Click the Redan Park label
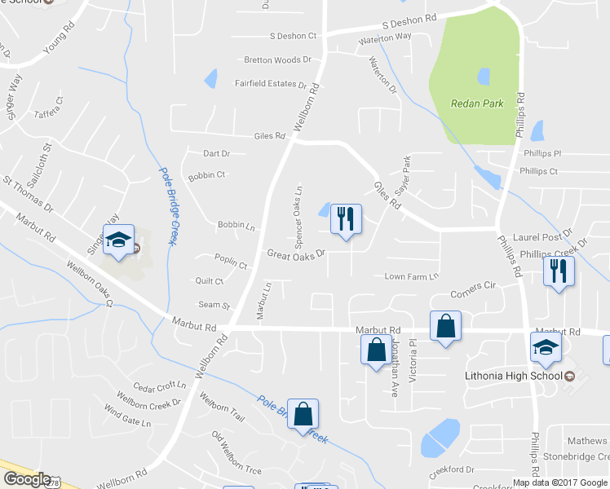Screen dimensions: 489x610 [x=477, y=104]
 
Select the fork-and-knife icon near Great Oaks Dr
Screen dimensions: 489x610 [x=346, y=218]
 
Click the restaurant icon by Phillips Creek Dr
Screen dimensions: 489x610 [x=559, y=270]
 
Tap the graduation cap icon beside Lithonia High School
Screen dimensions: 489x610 [x=546, y=348]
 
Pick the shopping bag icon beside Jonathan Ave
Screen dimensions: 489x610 [x=376, y=350]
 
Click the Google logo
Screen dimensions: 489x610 [x=26, y=479]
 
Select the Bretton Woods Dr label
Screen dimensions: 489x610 [x=278, y=59]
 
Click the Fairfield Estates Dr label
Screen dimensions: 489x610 [x=270, y=83]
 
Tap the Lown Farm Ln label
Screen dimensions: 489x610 [x=412, y=277]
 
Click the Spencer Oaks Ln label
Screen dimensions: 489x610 [x=299, y=215]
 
